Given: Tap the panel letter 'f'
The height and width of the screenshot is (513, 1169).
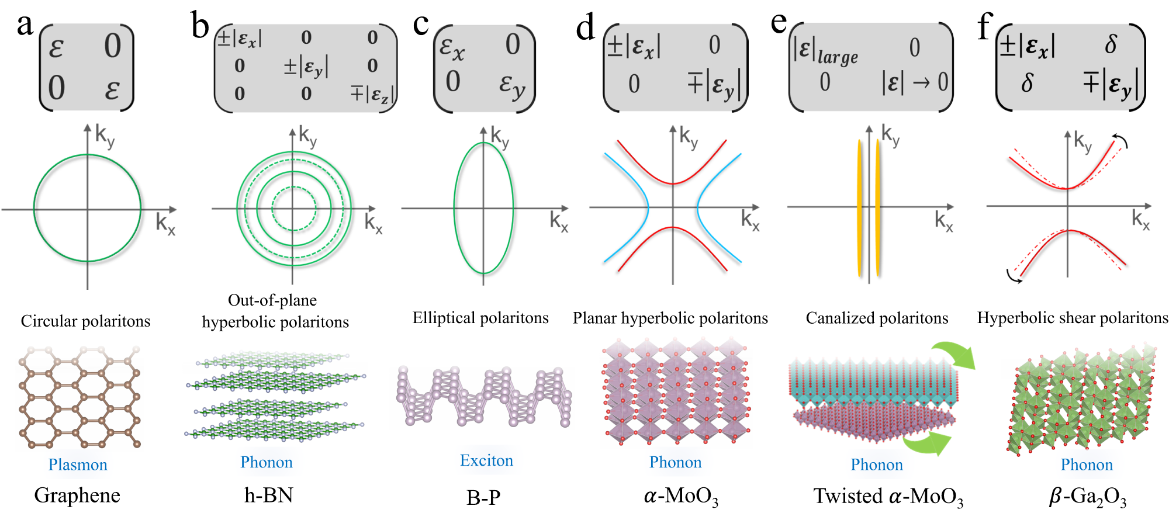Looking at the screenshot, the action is [x=985, y=27].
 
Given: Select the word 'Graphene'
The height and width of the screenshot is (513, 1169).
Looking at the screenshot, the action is [x=77, y=495].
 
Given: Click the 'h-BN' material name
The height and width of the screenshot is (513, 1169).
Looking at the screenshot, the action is [x=269, y=495].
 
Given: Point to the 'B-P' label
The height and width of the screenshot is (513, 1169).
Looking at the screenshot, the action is [x=483, y=497].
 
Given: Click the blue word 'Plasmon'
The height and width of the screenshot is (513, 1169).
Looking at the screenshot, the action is [x=78, y=465].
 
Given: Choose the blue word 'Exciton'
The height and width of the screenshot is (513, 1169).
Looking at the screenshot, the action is [x=486, y=460].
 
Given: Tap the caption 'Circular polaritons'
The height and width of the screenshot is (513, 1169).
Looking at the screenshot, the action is [x=85, y=321].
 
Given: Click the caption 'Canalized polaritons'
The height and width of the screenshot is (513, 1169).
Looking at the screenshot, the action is [x=877, y=318].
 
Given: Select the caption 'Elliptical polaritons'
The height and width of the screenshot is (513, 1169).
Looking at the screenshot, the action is [x=480, y=318].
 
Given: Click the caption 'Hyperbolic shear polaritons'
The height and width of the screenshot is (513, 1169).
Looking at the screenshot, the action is [x=1073, y=318].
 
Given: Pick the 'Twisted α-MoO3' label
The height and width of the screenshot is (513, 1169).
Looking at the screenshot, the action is [x=888, y=497].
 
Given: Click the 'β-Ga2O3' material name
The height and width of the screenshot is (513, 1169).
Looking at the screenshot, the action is [x=1088, y=497].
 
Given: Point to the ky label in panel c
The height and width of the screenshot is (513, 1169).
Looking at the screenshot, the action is [x=500, y=138].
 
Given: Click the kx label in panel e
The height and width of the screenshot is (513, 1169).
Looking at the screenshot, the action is [x=943, y=221].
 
